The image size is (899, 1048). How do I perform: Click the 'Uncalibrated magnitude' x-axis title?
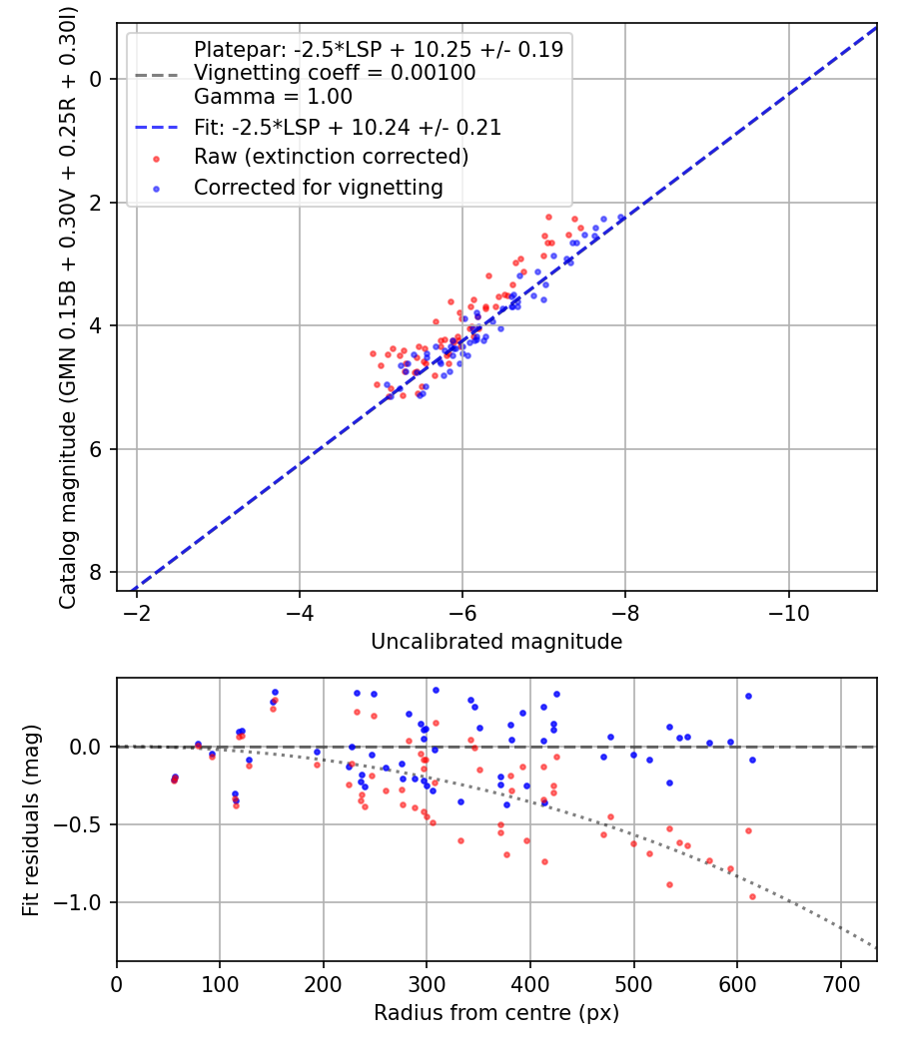coord(496,642)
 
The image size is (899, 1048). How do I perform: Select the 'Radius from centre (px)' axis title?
coord(496,1013)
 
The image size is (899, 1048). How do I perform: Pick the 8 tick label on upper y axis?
coord(97,572)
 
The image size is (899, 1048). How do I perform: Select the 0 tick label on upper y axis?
coord(97,79)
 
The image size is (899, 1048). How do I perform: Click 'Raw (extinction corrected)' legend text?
coord(331,157)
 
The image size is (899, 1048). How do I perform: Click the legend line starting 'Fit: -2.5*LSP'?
coord(347,127)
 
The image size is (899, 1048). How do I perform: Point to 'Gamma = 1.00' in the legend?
coord(273,97)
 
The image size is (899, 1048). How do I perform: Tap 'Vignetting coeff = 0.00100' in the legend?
coord(335,73)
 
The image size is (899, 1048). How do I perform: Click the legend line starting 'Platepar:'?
coord(378,49)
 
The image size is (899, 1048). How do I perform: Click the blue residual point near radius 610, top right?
coord(748,696)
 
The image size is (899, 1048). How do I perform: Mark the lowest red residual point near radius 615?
coord(752,896)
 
